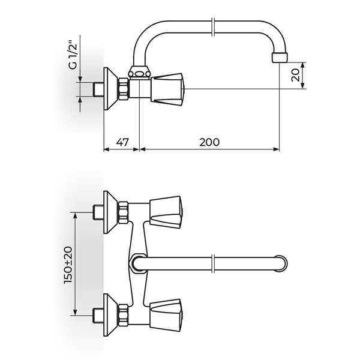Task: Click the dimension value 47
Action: (x=122, y=142)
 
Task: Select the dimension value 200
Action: (x=209, y=142)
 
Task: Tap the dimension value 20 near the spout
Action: (x=295, y=75)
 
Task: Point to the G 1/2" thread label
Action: (x=73, y=55)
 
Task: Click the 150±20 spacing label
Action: (x=68, y=265)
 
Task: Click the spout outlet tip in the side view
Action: (x=280, y=58)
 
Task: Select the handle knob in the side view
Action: (x=167, y=89)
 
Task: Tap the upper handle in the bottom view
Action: (x=166, y=212)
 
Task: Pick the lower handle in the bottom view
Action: (x=166, y=315)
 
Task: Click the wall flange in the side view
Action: (x=110, y=89)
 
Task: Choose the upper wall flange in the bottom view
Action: (x=110, y=212)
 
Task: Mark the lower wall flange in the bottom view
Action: (x=110, y=315)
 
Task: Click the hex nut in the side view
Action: (x=123, y=89)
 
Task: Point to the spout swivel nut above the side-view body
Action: (x=139, y=72)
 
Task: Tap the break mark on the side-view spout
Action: (x=213, y=26)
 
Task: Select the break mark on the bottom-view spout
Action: (x=213, y=263)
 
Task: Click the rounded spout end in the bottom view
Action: (x=281, y=263)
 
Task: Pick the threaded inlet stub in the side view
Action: (x=98, y=89)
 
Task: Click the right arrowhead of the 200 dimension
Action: (x=276, y=149)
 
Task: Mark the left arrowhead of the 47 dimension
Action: (x=107, y=149)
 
